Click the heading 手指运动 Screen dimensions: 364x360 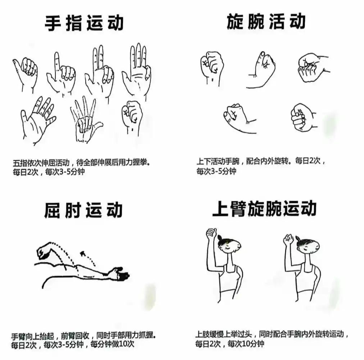tap(84, 23)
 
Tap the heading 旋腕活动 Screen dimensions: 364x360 tap(266, 22)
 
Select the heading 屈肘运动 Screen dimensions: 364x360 tap(83, 210)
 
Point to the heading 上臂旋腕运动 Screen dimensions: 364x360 tap(264, 209)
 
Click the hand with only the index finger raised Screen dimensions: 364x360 tap(61, 73)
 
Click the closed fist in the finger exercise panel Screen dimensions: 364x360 tap(132, 117)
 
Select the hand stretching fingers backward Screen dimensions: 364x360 tap(86, 120)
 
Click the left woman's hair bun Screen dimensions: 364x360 tap(220, 238)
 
